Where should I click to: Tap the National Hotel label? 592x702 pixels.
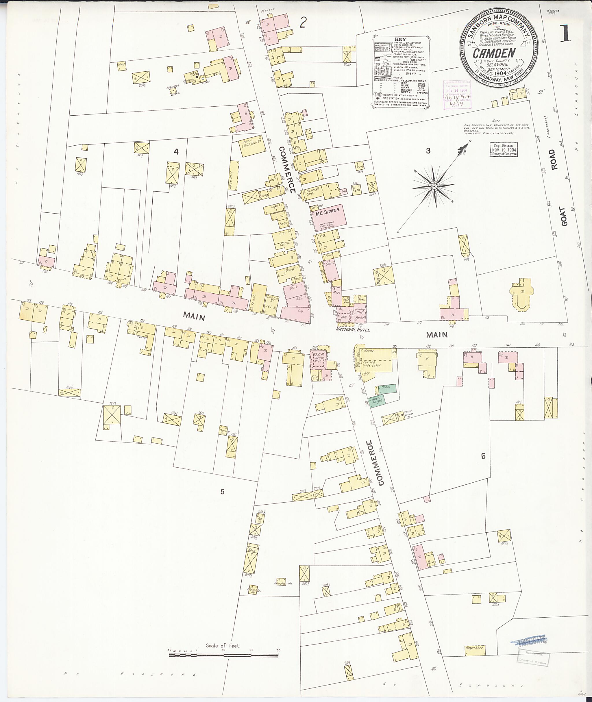point(353,330)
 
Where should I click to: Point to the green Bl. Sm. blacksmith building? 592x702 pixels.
point(386,388)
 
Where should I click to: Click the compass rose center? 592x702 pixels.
point(434,186)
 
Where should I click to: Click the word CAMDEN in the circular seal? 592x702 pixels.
point(494,53)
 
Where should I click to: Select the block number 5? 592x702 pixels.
point(222,492)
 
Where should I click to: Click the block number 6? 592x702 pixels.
point(483,456)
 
